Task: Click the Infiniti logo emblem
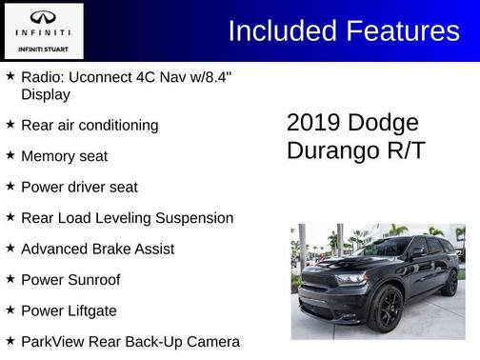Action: pyautogui.click(x=41, y=16)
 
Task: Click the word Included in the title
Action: pyautogui.click(x=281, y=30)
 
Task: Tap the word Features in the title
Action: pyautogui.click(x=401, y=30)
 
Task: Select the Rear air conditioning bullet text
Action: pyautogui.click(x=90, y=125)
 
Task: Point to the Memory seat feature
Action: pyautogui.click(x=64, y=155)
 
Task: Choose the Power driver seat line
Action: pyautogui.click(x=79, y=187)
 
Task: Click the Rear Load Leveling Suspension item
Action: pyautogui.click(x=127, y=217)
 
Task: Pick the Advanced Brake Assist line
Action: pyautogui.click(x=97, y=249)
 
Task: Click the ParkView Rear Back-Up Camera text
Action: pyautogui.click(x=130, y=341)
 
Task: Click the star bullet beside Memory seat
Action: pyautogui.click(x=10, y=154)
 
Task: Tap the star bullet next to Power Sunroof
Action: pyautogui.click(x=10, y=278)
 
